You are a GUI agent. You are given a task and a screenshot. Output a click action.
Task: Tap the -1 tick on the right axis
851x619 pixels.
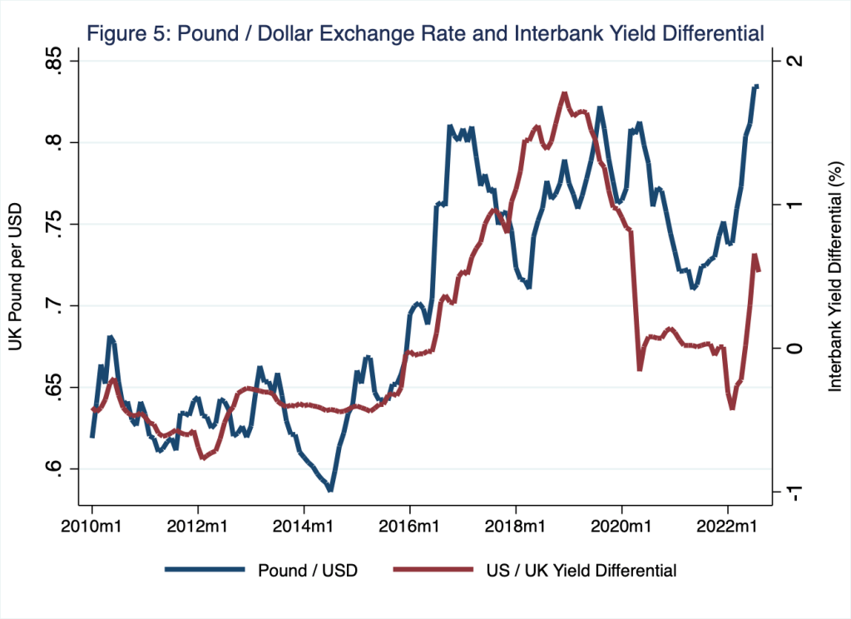[x=795, y=493]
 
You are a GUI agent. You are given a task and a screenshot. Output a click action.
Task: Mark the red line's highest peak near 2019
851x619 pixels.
[x=564, y=94]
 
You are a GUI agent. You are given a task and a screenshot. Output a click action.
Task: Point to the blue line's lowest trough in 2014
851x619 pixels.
[x=330, y=489]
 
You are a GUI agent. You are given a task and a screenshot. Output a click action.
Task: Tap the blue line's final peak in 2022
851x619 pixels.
[x=755, y=86]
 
